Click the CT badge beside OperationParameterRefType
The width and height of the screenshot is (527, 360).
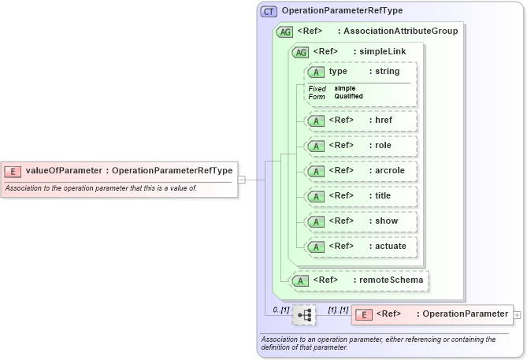coord(269,11)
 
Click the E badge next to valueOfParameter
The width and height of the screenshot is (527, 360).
coord(13,170)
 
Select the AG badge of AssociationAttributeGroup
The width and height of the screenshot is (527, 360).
coord(284,32)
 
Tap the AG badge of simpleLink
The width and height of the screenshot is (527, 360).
coord(300,52)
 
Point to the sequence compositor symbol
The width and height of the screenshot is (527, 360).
coord(304,314)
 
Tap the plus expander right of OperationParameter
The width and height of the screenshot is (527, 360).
coord(517,314)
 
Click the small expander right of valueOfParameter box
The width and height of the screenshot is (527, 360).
coord(242,180)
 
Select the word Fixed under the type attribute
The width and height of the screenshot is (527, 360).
coord(317,89)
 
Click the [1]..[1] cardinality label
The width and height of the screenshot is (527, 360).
coord(337,310)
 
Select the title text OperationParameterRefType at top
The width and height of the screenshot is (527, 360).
coord(342,11)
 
